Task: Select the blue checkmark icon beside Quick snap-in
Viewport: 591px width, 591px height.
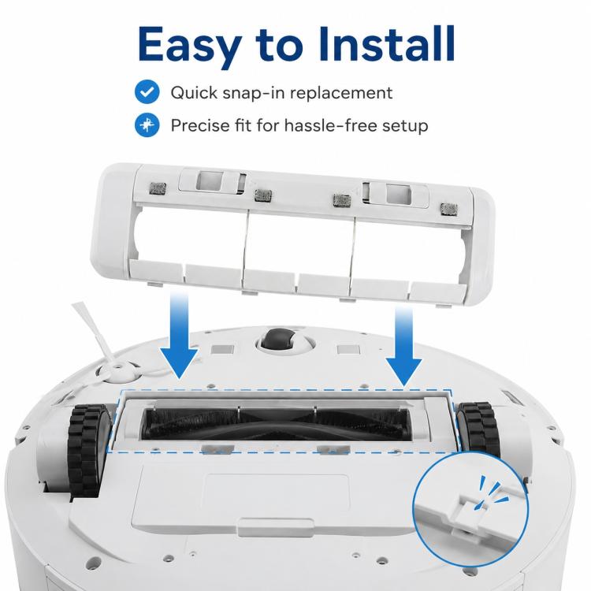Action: [147, 92]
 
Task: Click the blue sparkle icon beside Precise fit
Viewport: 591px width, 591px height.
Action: [147, 125]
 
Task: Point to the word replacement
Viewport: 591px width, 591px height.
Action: [341, 94]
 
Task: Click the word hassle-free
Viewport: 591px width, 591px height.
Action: [330, 125]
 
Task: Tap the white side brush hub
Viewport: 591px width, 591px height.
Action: [118, 372]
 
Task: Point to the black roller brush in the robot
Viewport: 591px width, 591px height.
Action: [276, 424]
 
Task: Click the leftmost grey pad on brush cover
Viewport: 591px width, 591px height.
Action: [158, 188]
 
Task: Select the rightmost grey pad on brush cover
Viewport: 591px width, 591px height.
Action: [449, 209]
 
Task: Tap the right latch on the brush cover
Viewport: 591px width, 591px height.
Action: [396, 194]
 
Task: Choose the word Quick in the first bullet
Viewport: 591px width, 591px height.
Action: [194, 93]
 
